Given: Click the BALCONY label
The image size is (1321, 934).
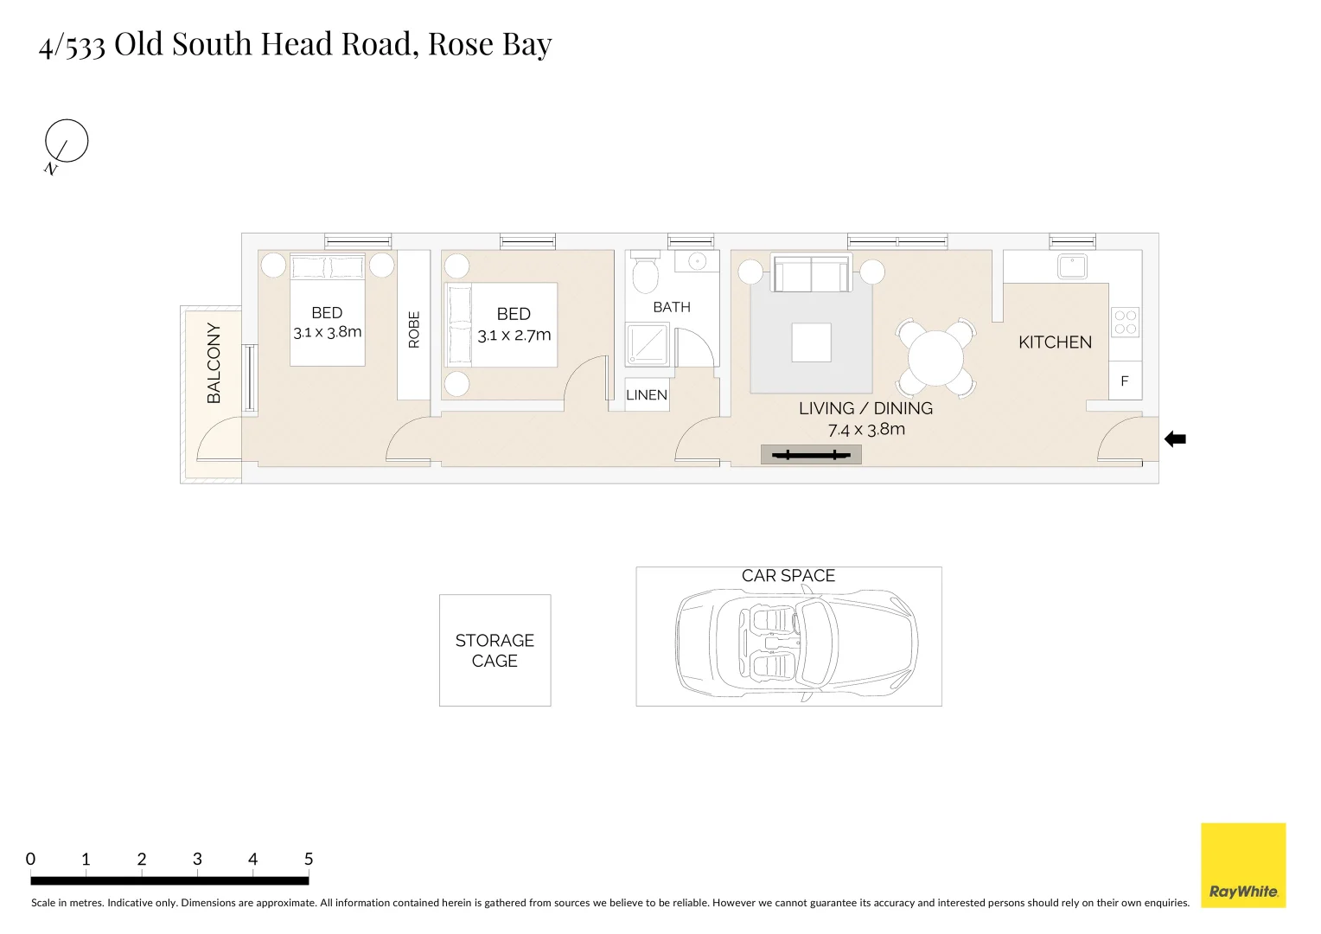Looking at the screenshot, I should tap(214, 363).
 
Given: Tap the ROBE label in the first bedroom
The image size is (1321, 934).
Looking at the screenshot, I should tap(414, 329).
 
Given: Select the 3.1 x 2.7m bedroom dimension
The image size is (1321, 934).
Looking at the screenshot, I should tap(514, 336).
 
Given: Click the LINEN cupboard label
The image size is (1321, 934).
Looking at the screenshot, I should tap(647, 395).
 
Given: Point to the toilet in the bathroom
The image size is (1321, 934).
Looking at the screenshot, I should tap(645, 273).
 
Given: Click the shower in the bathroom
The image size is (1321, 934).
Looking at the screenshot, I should tap(648, 345).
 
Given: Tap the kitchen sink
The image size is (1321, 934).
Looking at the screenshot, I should tap(1073, 266).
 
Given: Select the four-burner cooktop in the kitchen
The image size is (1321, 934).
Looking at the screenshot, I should tap(1125, 323).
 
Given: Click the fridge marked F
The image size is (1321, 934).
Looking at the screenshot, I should tap(1125, 381).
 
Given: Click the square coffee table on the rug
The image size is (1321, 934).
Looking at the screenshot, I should tap(811, 342).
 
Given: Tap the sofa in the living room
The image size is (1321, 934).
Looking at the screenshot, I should tap(811, 274).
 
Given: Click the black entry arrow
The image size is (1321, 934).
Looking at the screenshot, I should tap(1175, 439).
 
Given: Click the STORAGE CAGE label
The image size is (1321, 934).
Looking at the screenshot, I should tap(495, 650).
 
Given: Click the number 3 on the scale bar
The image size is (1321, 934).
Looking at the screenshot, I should tap(197, 860).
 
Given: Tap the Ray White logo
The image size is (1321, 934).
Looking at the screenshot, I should tap(1243, 866).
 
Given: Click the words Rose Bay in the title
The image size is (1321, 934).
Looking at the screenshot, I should tap(489, 44).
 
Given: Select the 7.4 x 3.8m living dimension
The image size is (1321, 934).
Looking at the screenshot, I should tap(866, 430).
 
